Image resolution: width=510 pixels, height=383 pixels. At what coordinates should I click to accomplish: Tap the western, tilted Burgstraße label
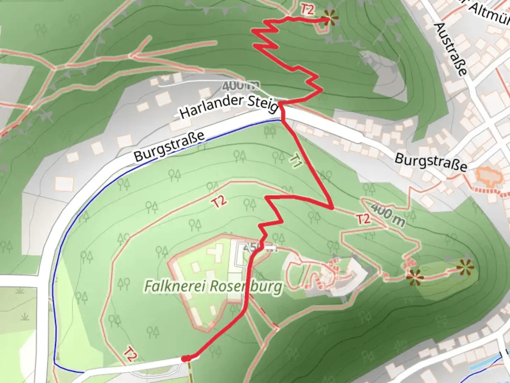pyautogui.click(x=169, y=146)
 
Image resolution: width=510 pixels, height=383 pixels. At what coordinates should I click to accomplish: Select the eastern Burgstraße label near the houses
pyautogui.click(x=431, y=162)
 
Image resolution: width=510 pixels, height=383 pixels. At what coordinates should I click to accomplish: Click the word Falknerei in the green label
pyautogui.click(x=169, y=286)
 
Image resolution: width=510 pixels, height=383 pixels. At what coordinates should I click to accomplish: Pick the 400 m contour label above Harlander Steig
pyautogui.click(x=240, y=85)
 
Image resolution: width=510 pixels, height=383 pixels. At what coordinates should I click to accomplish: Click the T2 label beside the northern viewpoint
pyautogui.click(x=307, y=10)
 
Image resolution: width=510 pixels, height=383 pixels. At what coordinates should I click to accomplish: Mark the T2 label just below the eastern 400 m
pyautogui.click(x=363, y=219)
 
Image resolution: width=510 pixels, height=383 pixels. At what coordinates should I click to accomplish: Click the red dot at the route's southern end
pyautogui.click(x=185, y=359)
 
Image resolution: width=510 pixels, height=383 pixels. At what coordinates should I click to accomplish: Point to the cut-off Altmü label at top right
pyautogui.click(x=491, y=13)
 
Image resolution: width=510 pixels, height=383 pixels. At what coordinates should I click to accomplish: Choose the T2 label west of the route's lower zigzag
pyautogui.click(x=219, y=202)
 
